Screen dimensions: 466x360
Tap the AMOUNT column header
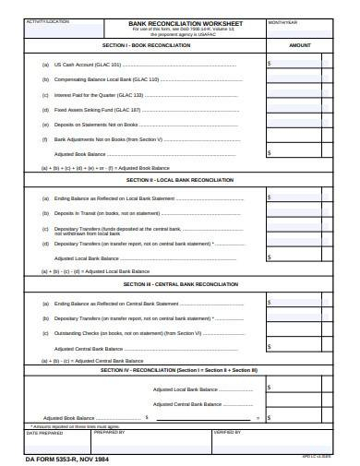coord(300,44)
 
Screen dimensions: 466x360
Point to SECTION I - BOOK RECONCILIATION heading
coord(146,44)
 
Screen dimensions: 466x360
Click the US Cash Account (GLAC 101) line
coord(88,65)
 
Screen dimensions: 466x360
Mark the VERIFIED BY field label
coord(227,432)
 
